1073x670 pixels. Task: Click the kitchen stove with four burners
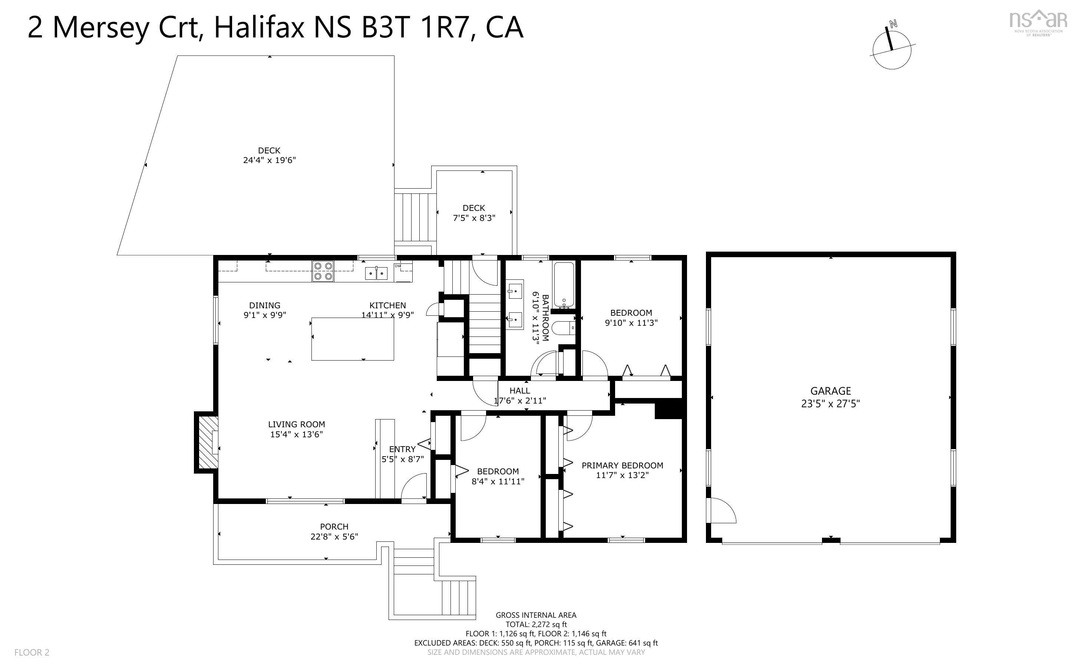click(x=323, y=271)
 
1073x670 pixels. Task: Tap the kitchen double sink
click(x=376, y=273)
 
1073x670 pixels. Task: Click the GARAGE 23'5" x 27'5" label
click(x=830, y=397)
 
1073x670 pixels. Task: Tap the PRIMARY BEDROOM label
click(x=622, y=470)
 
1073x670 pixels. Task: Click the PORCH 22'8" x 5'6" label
click(x=334, y=531)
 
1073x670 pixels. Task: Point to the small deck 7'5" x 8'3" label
click(x=474, y=213)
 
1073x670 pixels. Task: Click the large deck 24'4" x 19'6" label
click(x=269, y=155)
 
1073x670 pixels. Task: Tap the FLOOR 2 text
click(x=32, y=652)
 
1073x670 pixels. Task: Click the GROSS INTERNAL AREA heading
click(x=535, y=615)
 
